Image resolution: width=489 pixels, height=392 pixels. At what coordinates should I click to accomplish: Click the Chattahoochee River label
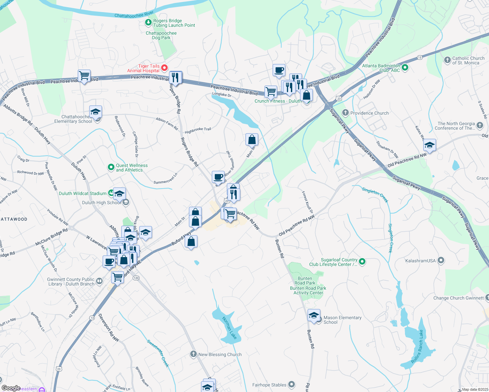coord(134,15)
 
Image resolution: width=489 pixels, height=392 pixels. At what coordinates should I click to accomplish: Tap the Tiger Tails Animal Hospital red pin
coord(164,68)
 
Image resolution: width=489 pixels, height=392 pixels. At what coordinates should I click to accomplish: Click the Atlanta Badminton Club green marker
coord(405,68)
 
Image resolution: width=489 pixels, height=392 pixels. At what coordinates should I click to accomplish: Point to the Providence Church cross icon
coord(346,113)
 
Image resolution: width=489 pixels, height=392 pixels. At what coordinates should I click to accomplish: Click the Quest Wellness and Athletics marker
coord(111,168)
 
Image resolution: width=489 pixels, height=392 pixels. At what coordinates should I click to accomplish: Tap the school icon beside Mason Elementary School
coord(314,316)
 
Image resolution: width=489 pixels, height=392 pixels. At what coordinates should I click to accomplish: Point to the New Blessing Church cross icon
coord(194,354)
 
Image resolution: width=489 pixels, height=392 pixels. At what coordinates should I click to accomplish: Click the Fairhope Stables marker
coord(292,385)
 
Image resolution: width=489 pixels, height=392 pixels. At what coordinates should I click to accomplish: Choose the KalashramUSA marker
coord(441,260)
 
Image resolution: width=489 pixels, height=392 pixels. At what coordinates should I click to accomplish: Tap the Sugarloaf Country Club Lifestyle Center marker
coord(362,262)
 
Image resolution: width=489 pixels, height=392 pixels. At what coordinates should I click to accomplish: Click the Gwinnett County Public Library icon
coord(99,281)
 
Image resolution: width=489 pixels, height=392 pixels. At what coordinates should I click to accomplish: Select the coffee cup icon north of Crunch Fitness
coord(279,70)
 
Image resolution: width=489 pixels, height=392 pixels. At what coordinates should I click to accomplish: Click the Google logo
coord(11,388)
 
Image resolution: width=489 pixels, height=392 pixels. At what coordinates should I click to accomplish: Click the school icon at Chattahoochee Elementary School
coord(95,112)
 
